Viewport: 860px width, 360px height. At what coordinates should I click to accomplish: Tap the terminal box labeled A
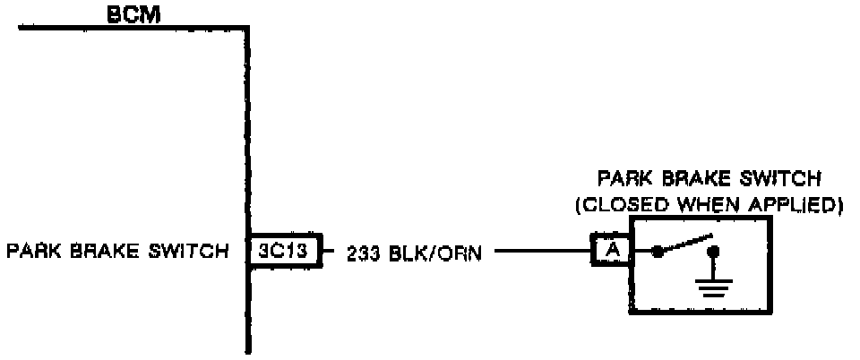(611, 252)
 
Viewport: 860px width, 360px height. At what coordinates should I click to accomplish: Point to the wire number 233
(363, 253)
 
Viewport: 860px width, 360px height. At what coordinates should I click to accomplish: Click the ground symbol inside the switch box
(714, 285)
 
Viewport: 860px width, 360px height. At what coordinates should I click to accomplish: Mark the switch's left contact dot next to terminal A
(658, 253)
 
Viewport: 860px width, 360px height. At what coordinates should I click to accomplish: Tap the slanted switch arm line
(685, 244)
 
